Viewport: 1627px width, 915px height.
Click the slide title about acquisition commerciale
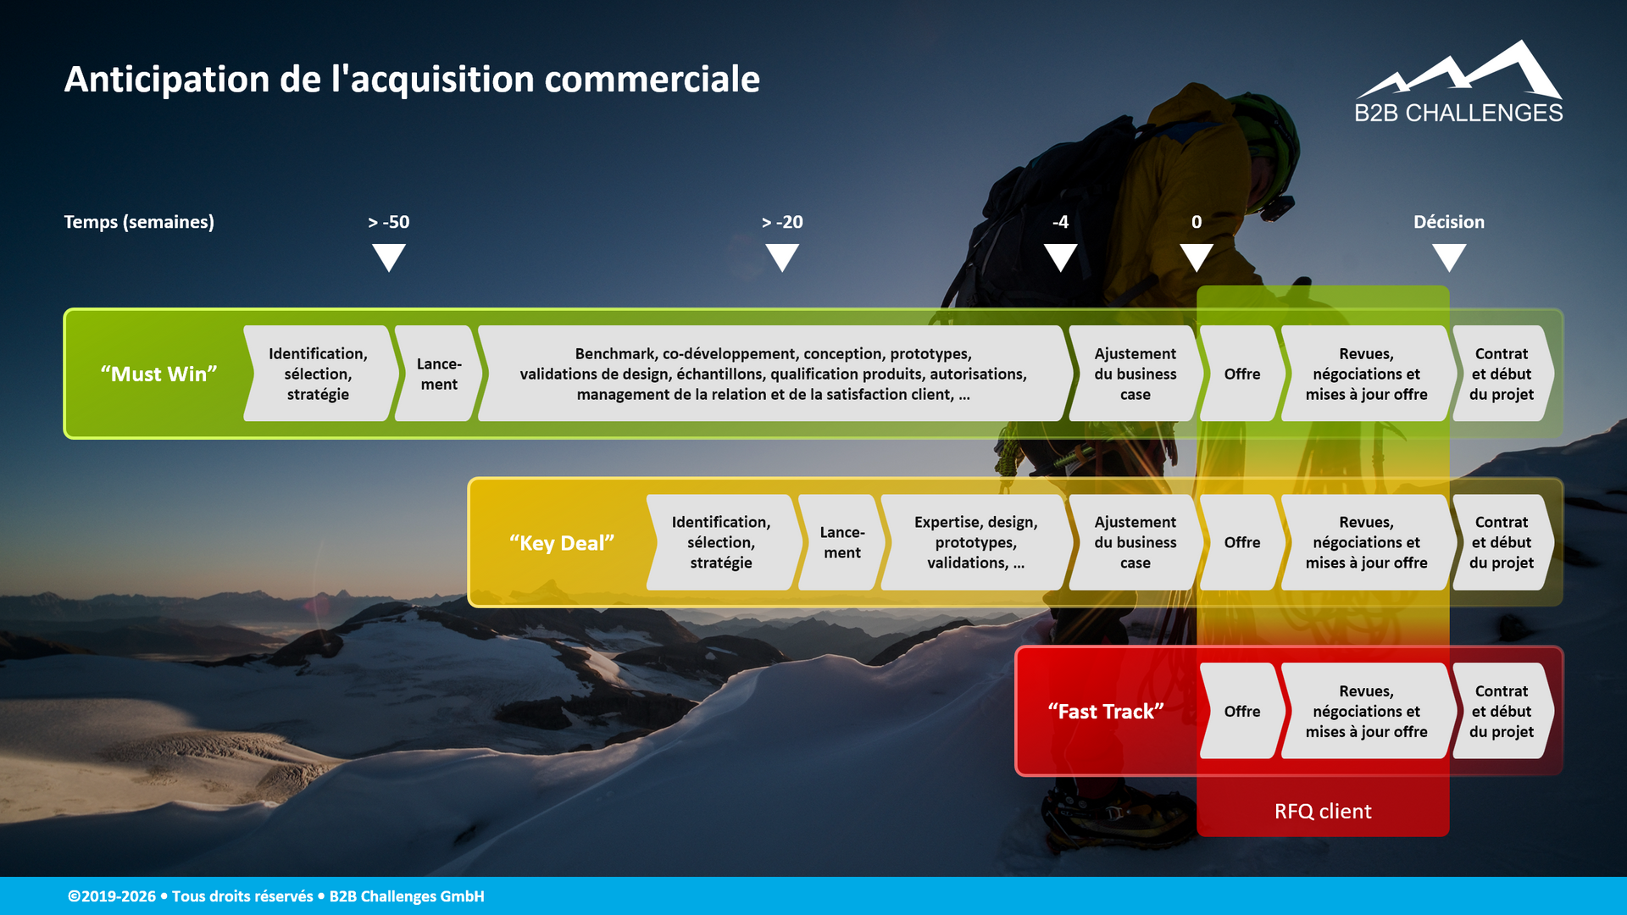(x=412, y=79)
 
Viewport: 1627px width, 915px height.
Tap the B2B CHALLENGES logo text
(x=1458, y=113)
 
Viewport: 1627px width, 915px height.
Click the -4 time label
(x=1060, y=222)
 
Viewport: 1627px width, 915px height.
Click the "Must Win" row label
(x=159, y=374)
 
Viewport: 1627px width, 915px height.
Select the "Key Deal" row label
(x=562, y=543)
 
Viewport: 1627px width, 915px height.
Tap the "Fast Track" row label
(x=1106, y=712)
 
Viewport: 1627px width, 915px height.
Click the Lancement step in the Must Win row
(x=439, y=374)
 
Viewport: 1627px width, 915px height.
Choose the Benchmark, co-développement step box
(x=774, y=374)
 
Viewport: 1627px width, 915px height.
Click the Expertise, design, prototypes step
(x=976, y=542)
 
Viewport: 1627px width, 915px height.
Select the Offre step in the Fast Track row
(x=1242, y=712)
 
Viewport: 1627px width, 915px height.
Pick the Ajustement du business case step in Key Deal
(x=1136, y=542)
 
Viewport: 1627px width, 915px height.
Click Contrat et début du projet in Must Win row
(x=1502, y=374)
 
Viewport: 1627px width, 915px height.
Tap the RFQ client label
(x=1323, y=812)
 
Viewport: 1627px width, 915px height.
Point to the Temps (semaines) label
(x=139, y=222)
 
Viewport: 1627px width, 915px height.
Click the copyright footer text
(x=276, y=896)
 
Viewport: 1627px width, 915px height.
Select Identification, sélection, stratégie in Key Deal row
(x=721, y=542)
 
